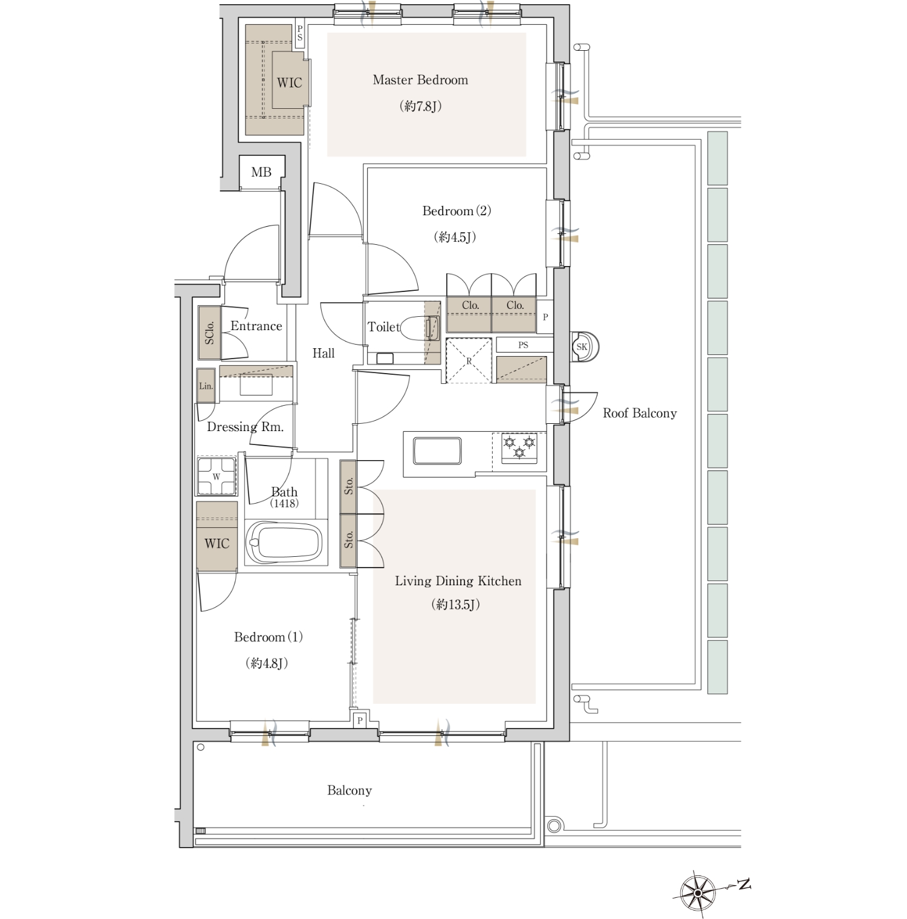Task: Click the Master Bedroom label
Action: (x=420, y=80)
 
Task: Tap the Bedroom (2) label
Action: (x=457, y=211)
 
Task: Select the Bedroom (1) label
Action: (x=268, y=637)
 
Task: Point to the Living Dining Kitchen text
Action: (x=458, y=581)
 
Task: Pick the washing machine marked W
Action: (x=216, y=476)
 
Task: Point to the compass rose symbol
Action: (x=698, y=892)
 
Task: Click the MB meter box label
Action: (x=261, y=172)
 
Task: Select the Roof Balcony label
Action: (x=640, y=414)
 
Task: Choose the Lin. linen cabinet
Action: (x=206, y=386)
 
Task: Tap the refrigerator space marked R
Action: (x=469, y=361)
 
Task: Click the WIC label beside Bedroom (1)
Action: (x=217, y=544)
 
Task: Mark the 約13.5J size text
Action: (x=456, y=605)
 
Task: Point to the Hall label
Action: (x=323, y=353)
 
